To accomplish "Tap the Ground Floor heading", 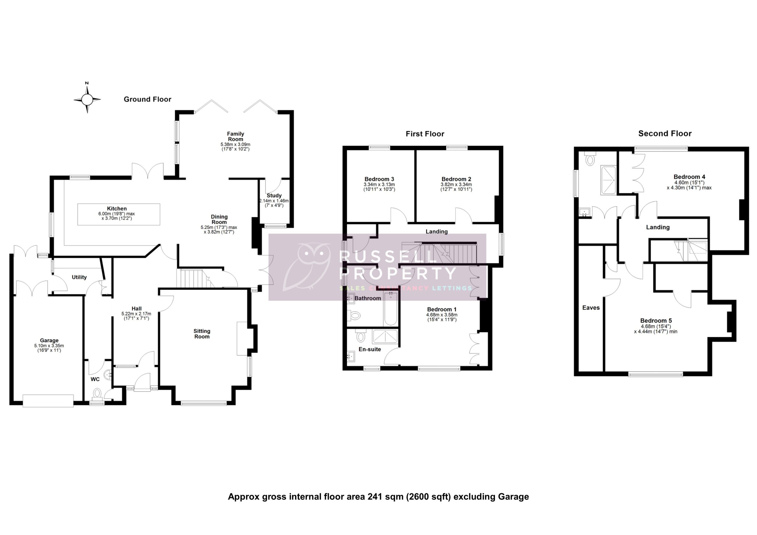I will pyautogui.click(x=147, y=99).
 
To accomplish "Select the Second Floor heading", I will pyautogui.click(x=665, y=134).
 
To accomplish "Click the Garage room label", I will pyautogui.click(x=49, y=341).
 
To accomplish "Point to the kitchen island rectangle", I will pyautogui.click(x=119, y=214).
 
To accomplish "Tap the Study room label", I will pyautogui.click(x=274, y=195).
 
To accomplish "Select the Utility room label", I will pyautogui.click(x=79, y=277).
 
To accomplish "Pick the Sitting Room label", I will pyautogui.click(x=202, y=334).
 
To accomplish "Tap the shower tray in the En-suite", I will pyautogui.click(x=385, y=337).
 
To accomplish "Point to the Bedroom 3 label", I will pyautogui.click(x=379, y=179).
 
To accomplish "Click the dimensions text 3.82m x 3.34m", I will pyautogui.click(x=456, y=185).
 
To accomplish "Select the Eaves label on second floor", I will pyautogui.click(x=591, y=307).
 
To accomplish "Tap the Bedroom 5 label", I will pyautogui.click(x=656, y=320).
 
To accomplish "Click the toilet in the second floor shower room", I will pyautogui.click(x=590, y=159).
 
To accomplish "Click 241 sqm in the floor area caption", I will pyautogui.click(x=385, y=497).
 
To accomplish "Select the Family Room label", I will pyautogui.click(x=235, y=137).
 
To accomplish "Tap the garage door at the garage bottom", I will pyautogui.click(x=48, y=401).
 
